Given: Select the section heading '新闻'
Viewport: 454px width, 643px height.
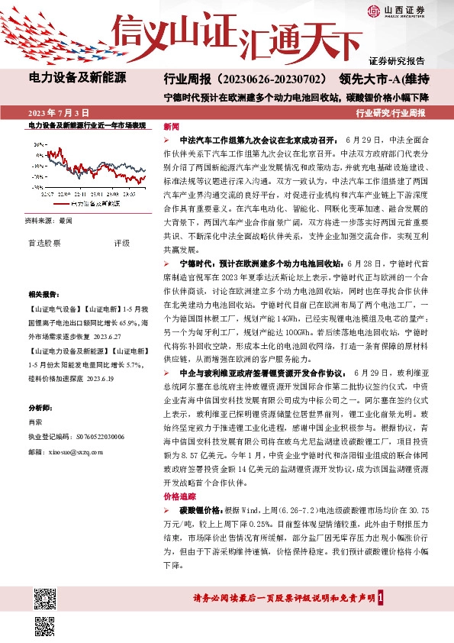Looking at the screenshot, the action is click(x=172, y=127).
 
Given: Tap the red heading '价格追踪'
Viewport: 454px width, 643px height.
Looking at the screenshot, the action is click(x=178, y=495).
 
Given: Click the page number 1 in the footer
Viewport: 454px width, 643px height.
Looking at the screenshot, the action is click(x=390, y=599).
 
